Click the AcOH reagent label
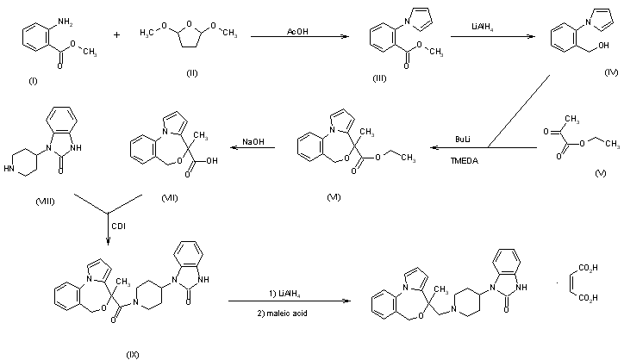[297, 31]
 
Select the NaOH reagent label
[253, 141]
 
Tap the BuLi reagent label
[463, 140]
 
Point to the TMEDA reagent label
[465, 161]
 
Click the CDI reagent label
[119, 226]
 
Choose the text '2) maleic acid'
[282, 313]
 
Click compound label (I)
[33, 81]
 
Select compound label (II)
[192, 73]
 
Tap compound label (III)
[379, 78]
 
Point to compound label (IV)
[611, 72]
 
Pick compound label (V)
[601, 173]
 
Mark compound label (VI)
[334, 197]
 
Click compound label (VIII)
[45, 202]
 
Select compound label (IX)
[133, 355]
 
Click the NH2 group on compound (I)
[66, 22]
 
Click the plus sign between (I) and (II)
[116, 35]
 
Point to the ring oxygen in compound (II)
[189, 24]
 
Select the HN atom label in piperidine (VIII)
[9, 169]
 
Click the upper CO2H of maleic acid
[588, 268]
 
